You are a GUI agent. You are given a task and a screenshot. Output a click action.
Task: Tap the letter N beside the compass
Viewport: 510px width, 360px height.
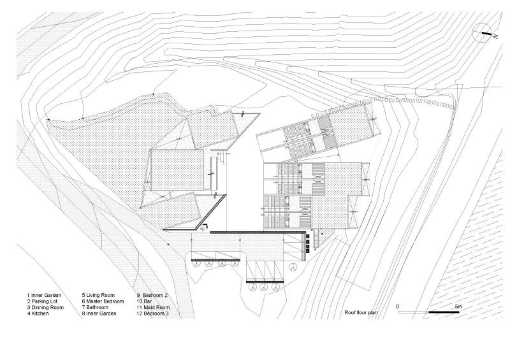(495, 38)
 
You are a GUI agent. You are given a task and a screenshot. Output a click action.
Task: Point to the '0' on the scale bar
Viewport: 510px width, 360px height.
(397, 306)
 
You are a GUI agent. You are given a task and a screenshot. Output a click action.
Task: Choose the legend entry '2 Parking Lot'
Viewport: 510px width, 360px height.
(44, 302)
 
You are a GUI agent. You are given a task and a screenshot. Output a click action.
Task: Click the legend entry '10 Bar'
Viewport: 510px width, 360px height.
(145, 302)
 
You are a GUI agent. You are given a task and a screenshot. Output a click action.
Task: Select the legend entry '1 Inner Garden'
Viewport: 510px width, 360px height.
(45, 296)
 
